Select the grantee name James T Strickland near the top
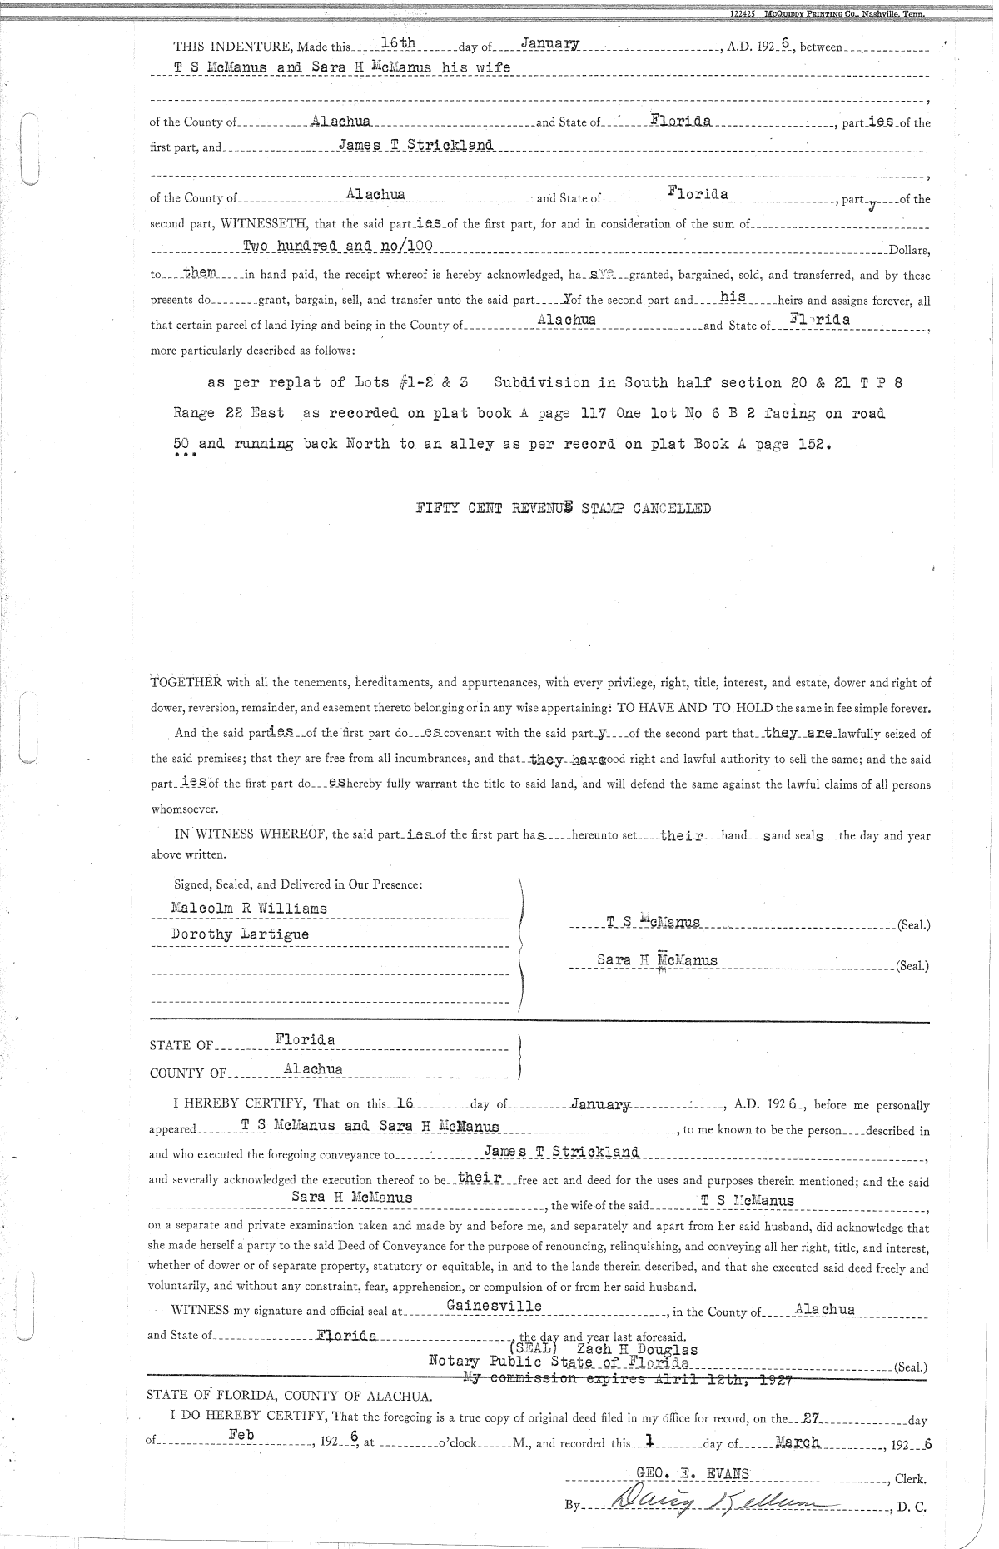tap(415, 145)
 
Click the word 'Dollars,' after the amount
tap(909, 250)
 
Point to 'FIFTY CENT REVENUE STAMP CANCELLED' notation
tap(564, 509)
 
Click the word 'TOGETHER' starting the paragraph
tap(186, 683)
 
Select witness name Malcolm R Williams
tap(249, 909)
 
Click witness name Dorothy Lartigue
tap(240, 934)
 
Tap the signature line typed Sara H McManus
tap(657, 960)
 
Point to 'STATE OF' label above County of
tap(181, 1046)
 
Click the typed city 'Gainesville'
tap(494, 1306)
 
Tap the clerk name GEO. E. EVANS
tap(692, 1473)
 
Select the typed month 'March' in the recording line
tap(797, 1442)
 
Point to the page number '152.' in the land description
tap(815, 444)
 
